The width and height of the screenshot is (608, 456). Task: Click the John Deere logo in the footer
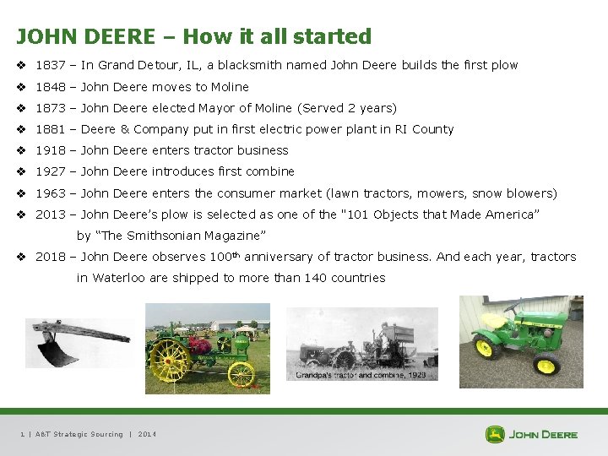[531, 434]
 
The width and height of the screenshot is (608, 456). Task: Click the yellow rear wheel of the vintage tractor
[170, 360]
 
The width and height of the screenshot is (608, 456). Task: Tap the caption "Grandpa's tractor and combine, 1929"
[359, 374]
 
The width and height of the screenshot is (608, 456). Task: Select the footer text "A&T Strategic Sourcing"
[79, 434]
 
